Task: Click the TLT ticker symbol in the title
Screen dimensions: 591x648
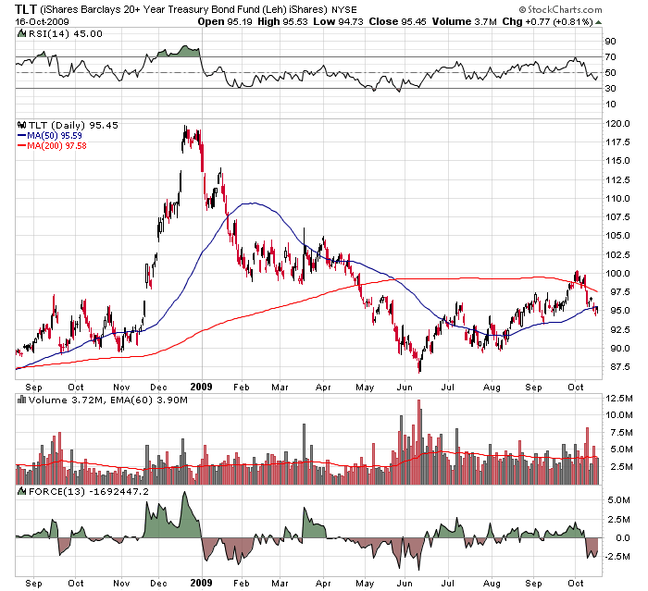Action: [x=27, y=9]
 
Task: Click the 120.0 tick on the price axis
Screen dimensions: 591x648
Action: [x=619, y=123]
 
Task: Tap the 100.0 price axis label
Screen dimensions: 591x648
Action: [x=619, y=274]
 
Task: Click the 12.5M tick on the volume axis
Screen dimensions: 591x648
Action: [x=619, y=398]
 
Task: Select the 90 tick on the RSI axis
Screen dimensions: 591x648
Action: [x=611, y=42]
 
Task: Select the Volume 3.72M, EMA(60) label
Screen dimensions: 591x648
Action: [x=88, y=399]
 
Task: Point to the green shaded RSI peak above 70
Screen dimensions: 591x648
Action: [x=180, y=52]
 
